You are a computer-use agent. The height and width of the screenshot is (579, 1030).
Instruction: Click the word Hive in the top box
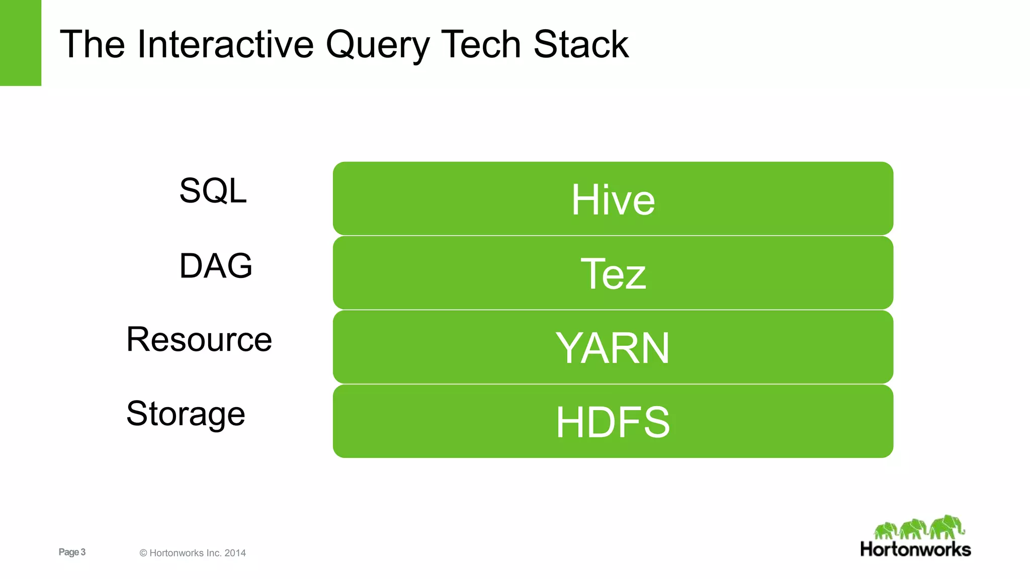(x=613, y=200)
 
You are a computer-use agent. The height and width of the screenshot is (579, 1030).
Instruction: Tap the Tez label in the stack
(x=613, y=274)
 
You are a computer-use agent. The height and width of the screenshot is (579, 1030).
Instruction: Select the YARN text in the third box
(x=613, y=348)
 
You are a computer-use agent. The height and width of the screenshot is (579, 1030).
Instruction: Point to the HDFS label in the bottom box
(x=613, y=422)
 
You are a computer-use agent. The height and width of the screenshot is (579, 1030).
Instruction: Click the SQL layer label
(x=213, y=191)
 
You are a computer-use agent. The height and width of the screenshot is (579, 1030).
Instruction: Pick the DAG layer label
(x=216, y=265)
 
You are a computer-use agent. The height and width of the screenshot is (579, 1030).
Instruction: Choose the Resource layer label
(x=199, y=339)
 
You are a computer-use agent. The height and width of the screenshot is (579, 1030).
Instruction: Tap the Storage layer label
(x=186, y=414)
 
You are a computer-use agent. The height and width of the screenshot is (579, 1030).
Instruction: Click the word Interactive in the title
(x=225, y=44)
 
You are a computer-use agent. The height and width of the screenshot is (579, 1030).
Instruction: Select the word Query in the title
(x=377, y=45)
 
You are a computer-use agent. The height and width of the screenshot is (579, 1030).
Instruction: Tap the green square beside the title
(x=20, y=43)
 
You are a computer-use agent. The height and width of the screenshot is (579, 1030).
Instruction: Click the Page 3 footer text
(x=72, y=552)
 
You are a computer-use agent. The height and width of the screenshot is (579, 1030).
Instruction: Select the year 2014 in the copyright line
(x=235, y=553)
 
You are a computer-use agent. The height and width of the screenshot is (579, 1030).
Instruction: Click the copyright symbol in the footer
(x=143, y=553)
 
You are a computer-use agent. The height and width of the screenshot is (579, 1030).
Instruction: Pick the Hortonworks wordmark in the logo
(x=915, y=549)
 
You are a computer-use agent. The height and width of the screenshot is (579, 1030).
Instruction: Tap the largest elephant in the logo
(x=947, y=527)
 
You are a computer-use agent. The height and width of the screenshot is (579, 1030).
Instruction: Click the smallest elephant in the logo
(x=886, y=530)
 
